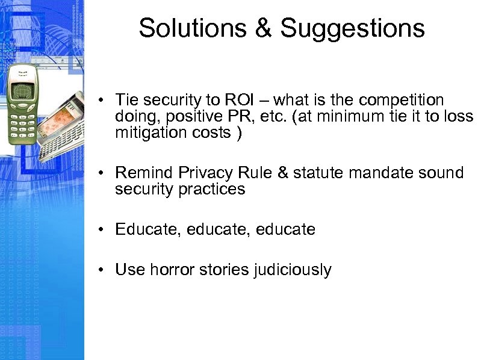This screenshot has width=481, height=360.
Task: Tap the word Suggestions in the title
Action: tap(352, 28)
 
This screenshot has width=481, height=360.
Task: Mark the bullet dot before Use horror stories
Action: tap(104, 270)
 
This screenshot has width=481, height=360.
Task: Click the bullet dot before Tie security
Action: tap(104, 100)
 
